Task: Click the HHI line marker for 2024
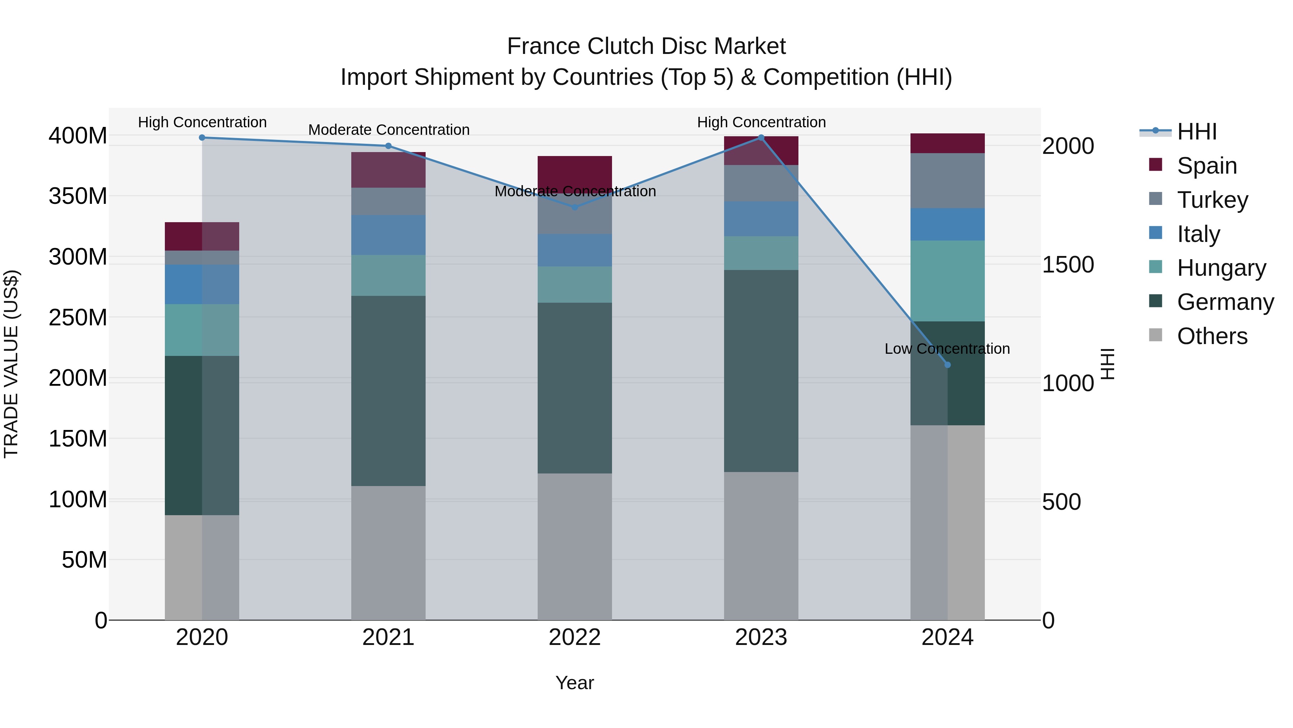point(947,365)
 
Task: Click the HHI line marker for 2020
point(202,138)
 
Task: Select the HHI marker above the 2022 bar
point(575,207)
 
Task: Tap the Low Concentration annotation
point(947,349)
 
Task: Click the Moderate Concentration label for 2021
point(389,130)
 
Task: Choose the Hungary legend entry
point(1221,268)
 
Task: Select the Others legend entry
point(1212,336)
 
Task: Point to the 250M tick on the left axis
point(78,317)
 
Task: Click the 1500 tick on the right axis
point(1068,265)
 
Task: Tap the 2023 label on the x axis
point(761,637)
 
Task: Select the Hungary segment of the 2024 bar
point(947,281)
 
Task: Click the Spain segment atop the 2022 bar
point(575,171)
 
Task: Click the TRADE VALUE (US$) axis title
point(11,364)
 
